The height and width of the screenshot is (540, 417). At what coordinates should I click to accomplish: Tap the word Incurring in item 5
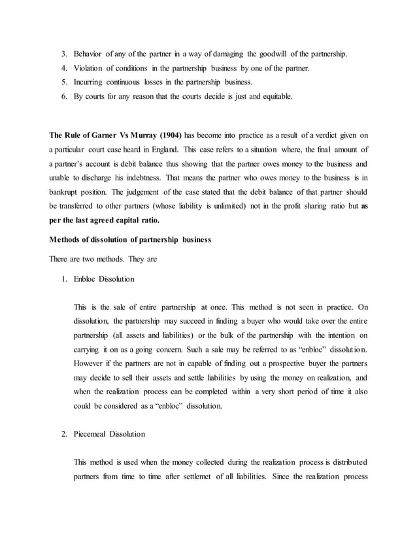coord(92,82)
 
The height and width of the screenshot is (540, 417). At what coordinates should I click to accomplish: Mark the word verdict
coord(309,136)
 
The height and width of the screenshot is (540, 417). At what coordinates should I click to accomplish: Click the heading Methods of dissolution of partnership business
coord(131,239)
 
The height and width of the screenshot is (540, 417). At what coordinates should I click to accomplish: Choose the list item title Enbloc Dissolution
coord(105,279)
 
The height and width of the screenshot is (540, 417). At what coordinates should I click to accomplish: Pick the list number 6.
coord(63,97)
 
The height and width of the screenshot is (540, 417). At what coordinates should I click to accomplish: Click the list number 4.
coord(63,68)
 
